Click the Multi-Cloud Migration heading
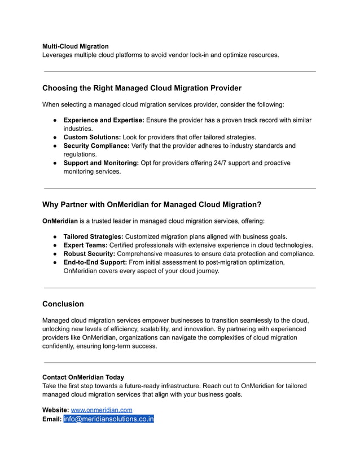(x=76, y=46)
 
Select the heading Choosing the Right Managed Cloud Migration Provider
(x=142, y=88)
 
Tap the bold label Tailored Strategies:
(x=93, y=237)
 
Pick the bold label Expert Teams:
(x=85, y=245)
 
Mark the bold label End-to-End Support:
(x=95, y=262)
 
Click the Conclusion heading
(x=63, y=304)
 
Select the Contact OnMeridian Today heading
(x=83, y=377)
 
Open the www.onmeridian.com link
(x=102, y=410)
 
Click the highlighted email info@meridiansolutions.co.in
(x=109, y=419)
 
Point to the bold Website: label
(x=55, y=410)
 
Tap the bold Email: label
(x=52, y=419)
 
